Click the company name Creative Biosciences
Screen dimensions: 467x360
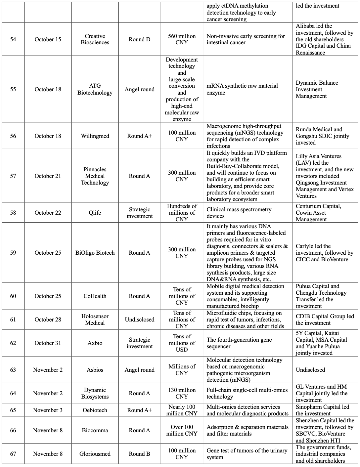pyautogui.click(x=95, y=39)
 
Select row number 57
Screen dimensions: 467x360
pyautogui.click(x=13, y=176)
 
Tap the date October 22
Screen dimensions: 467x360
pyautogui.click(x=48, y=213)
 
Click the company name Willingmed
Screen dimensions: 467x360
pyautogui.click(x=95, y=136)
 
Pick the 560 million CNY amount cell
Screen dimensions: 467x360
pyautogui.click(x=182, y=39)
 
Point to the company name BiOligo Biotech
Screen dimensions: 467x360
pyautogui.click(x=95, y=253)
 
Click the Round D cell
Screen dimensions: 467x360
pyautogui.click(x=139, y=39)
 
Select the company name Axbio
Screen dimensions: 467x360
pyautogui.click(x=95, y=343)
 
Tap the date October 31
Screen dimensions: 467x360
pyautogui.click(x=48, y=343)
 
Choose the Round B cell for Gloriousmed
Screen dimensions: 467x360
pyautogui.click(x=139, y=454)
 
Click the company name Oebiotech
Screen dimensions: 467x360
pyautogui.click(x=95, y=410)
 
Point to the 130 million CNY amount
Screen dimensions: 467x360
pyautogui.click(x=182, y=393)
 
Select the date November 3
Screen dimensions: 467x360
pyautogui.click(x=48, y=410)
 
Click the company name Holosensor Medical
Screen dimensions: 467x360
pyautogui.click(x=95, y=319)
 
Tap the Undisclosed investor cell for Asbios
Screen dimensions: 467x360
pyautogui.click(x=310, y=370)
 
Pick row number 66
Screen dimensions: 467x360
pyautogui.click(x=13, y=430)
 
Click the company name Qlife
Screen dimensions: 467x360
pyautogui.click(x=95, y=213)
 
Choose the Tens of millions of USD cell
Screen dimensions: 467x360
pyautogui.click(x=182, y=343)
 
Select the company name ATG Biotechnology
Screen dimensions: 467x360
pyautogui.click(x=95, y=89)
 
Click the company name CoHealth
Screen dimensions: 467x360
pyautogui.click(x=95, y=296)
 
